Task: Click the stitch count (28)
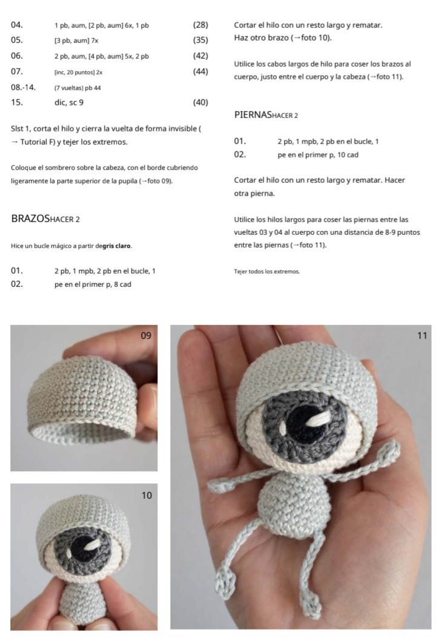200,25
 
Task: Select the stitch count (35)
200,41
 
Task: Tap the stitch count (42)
200,56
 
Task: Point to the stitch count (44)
200,71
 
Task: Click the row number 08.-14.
23,87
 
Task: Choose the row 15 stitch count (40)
200,102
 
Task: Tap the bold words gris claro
116,246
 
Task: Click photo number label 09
146,335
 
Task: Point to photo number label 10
147,495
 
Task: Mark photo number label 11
422,335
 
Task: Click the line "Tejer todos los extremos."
266,271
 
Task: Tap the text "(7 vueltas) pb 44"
78,87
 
